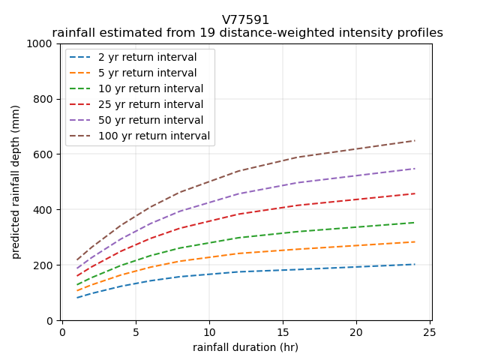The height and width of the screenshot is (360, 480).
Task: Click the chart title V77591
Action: [245, 20]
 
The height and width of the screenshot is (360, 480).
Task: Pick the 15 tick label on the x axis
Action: [283, 332]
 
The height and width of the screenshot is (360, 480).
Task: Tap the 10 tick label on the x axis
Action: [209, 332]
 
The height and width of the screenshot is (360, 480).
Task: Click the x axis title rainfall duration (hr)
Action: [245, 347]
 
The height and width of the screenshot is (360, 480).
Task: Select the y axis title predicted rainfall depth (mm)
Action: [16, 182]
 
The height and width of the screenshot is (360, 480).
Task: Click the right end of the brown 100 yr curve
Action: [415, 140]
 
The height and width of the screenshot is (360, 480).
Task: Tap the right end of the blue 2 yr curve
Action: [415, 264]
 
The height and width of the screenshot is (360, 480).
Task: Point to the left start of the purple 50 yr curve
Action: [77, 268]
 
